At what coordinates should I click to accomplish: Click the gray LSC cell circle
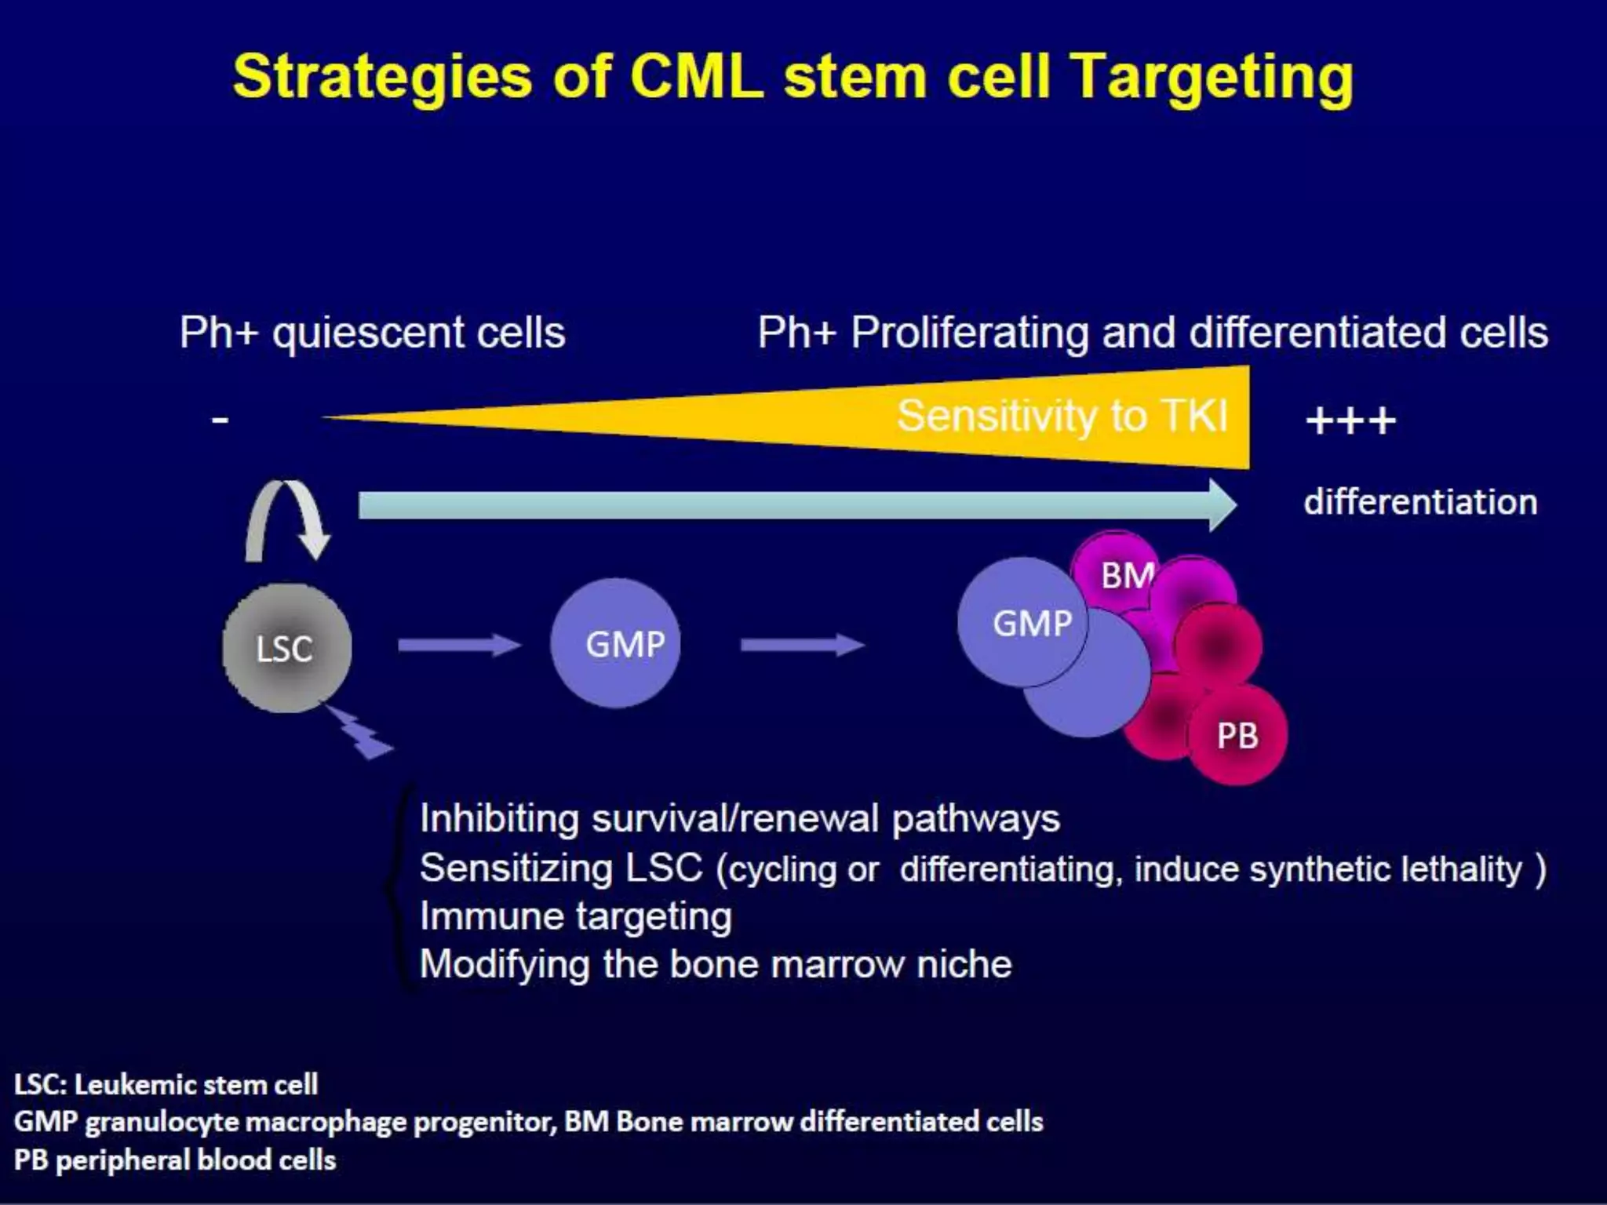click(286, 648)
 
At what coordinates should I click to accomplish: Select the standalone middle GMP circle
click(615, 643)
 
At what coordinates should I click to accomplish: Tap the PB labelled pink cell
click(1237, 735)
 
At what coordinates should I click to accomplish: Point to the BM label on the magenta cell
click(1127, 576)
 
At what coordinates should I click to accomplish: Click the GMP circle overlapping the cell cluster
click(1022, 623)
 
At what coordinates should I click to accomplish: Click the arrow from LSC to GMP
click(458, 645)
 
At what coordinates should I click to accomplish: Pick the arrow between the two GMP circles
click(802, 645)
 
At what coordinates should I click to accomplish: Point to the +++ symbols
click(1350, 421)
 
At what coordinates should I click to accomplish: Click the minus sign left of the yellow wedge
click(220, 420)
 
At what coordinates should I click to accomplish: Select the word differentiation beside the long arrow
click(1420, 502)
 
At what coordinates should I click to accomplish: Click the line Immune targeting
click(575, 916)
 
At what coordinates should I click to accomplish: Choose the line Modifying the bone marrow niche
click(715, 964)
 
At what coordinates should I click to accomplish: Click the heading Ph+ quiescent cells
click(372, 333)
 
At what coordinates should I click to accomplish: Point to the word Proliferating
click(970, 333)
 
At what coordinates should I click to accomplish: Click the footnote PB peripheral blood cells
click(175, 1159)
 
